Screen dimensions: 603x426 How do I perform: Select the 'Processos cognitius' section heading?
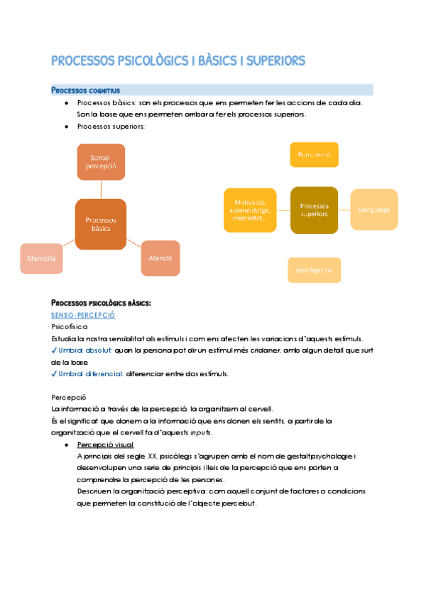tap(85, 90)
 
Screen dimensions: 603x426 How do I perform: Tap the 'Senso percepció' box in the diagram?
tap(101, 162)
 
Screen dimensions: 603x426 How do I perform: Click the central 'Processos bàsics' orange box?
tap(101, 224)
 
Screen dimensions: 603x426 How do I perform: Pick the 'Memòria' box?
tap(41, 259)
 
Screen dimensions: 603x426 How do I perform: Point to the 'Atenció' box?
tap(160, 259)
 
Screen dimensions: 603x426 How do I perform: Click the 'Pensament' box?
tap(314, 154)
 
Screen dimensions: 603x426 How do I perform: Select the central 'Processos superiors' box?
tap(314, 210)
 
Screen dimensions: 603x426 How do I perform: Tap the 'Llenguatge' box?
tap(373, 210)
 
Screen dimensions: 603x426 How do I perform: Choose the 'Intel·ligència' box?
tap(314, 270)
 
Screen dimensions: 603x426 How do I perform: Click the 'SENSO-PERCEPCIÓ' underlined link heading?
tap(83, 315)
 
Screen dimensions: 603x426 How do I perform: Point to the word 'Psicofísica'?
tap(70, 326)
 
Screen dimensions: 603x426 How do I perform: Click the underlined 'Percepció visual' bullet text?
tap(105, 444)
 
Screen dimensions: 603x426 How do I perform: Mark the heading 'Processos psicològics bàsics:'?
tap(101, 303)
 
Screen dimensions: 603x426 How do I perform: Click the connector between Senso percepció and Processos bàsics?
tap(101, 189)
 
